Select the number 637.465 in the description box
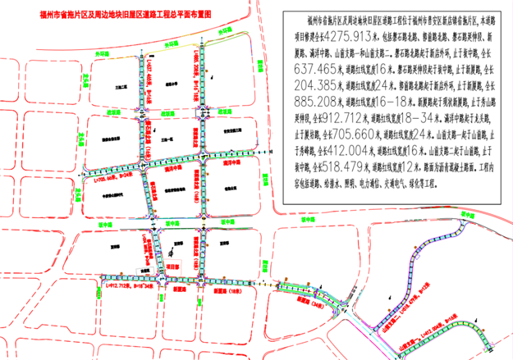[x=308, y=70]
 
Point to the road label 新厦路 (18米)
[x=224, y=290]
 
